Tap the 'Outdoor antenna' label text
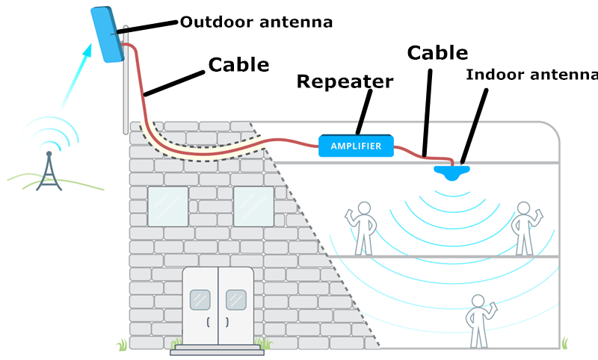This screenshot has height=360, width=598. (256, 22)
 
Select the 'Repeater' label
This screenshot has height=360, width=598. (345, 81)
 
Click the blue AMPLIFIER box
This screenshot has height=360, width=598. (356, 146)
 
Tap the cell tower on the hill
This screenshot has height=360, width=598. (49, 170)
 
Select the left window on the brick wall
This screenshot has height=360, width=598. (168, 206)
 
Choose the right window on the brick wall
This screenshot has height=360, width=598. (254, 206)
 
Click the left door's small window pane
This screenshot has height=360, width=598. (200, 299)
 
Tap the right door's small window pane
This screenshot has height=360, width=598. (236, 299)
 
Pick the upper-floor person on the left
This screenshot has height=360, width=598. (363, 226)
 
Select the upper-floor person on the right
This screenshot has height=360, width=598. (523, 226)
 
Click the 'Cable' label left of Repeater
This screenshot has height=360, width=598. (238, 64)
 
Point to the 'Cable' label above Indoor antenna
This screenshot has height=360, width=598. (437, 53)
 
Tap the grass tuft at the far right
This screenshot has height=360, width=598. (565, 343)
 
